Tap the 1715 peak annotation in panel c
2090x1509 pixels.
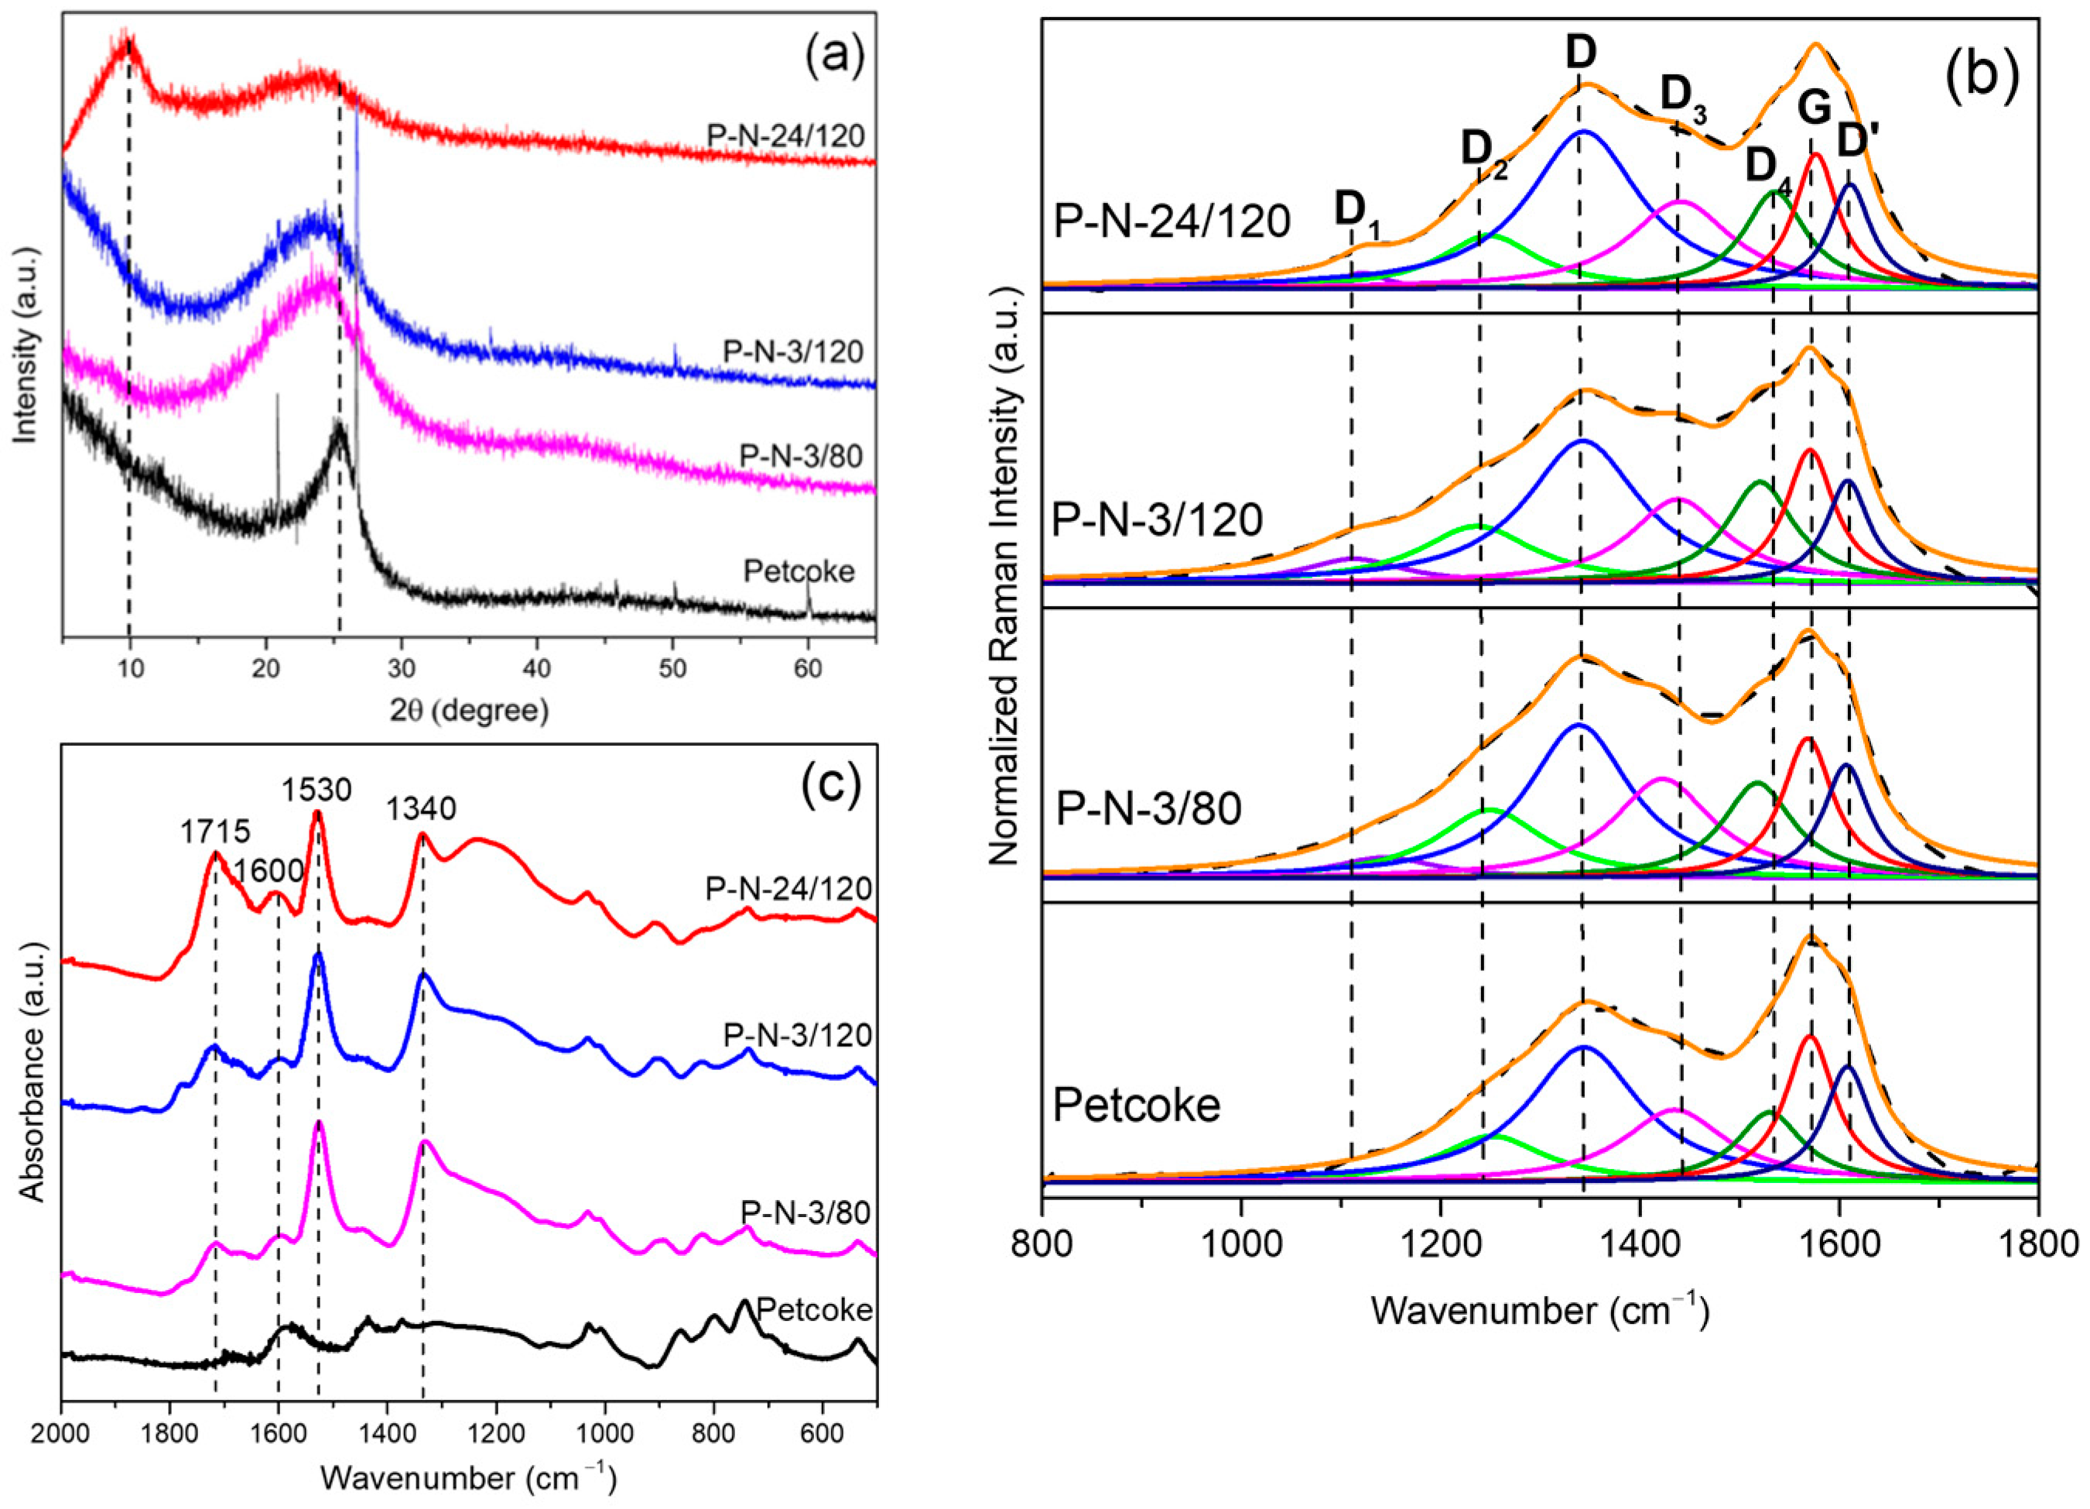214,832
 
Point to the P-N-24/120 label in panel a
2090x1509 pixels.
786,136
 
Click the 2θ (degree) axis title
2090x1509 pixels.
468,710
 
